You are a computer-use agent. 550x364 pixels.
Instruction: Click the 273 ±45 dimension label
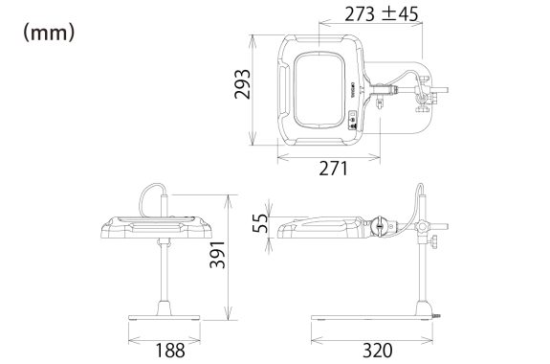point(382,14)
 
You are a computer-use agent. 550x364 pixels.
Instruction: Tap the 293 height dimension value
point(243,84)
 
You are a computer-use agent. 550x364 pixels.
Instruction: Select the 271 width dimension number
point(333,169)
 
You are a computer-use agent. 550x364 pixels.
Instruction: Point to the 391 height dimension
point(217,255)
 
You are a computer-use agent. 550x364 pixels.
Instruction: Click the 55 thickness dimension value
point(260,223)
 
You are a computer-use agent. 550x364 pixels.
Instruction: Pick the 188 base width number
point(169,351)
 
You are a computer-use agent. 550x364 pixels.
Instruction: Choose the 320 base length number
point(378,351)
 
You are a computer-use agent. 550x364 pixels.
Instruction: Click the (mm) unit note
point(49,33)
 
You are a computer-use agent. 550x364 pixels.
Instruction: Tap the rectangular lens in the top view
point(319,90)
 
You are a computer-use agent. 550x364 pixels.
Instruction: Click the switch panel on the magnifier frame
point(352,121)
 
